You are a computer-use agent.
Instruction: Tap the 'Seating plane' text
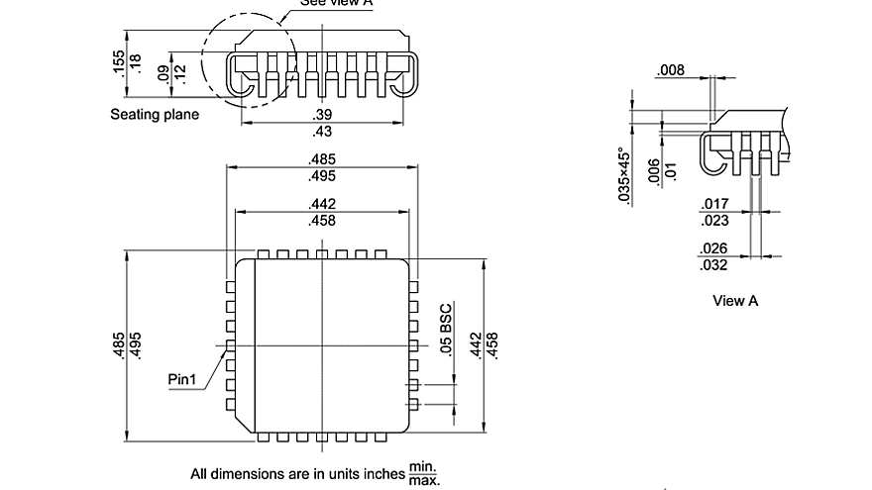pyautogui.click(x=154, y=115)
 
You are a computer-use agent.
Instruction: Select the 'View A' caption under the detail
pyautogui.click(x=735, y=301)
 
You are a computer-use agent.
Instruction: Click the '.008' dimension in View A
pyautogui.click(x=670, y=70)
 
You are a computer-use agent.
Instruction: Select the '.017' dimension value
pyautogui.click(x=714, y=204)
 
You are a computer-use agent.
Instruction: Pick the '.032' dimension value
pyautogui.click(x=714, y=264)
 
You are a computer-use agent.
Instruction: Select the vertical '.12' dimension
pyautogui.click(x=179, y=72)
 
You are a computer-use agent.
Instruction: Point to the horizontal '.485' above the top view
pyautogui.click(x=322, y=159)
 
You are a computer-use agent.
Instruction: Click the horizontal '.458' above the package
pyautogui.click(x=322, y=220)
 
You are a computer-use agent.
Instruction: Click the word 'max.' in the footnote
pyautogui.click(x=423, y=480)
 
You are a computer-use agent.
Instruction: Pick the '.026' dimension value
pyautogui.click(x=714, y=248)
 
